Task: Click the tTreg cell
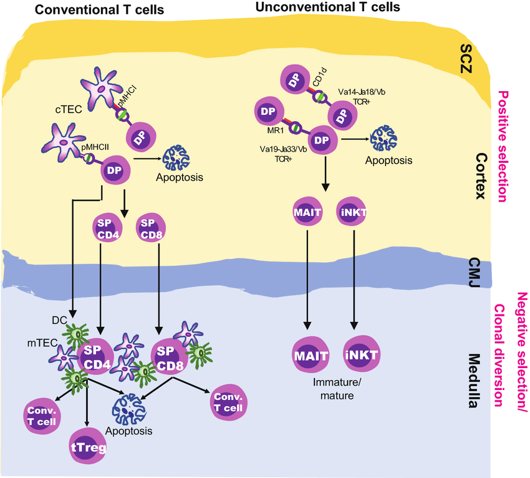87,446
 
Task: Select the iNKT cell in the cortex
354,212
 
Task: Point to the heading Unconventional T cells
328,7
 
